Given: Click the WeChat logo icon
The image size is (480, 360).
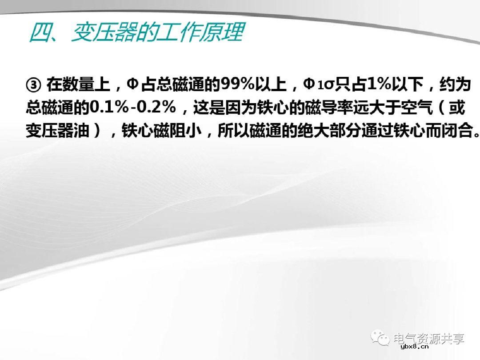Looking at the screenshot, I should click(x=380, y=338).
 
